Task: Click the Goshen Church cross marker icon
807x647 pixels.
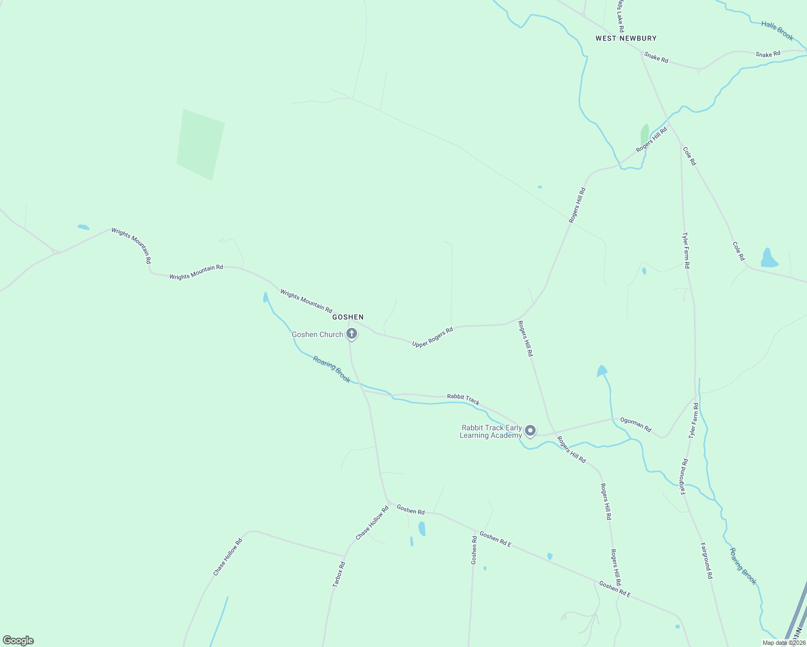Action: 352,334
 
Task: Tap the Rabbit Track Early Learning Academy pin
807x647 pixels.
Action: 530,430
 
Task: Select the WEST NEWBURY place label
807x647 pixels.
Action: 626,38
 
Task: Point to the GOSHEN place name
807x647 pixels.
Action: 348,317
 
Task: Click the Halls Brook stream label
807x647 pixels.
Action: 777,31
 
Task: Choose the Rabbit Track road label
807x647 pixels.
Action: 463,399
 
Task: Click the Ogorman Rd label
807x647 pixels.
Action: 635,425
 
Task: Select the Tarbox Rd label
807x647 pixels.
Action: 339,574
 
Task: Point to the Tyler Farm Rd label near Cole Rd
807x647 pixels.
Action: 686,251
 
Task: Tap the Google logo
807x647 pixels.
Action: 18,641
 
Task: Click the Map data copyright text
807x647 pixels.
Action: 783,643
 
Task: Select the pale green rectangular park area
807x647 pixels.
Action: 200,144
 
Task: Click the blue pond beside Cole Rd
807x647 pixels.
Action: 769,259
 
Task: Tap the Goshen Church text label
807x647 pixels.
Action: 317,334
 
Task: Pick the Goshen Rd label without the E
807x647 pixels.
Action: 411,510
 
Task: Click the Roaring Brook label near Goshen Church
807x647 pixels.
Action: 332,369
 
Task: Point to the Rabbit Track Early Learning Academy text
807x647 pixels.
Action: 490,431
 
